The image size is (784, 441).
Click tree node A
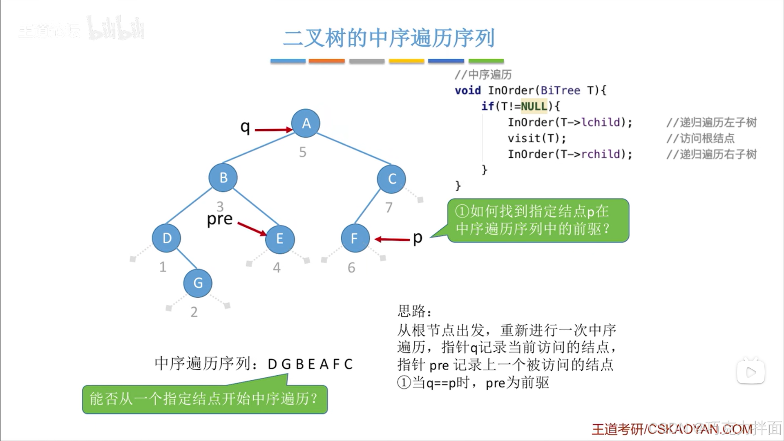coord(306,123)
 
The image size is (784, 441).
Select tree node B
coord(223,178)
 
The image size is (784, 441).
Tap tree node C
coord(391,179)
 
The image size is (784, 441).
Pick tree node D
coord(167,238)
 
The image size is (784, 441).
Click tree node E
coord(280,239)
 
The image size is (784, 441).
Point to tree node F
coord(355,238)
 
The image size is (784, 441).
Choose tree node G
coord(198,283)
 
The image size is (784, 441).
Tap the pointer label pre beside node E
coord(219,219)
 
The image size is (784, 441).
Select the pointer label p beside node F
coord(417,237)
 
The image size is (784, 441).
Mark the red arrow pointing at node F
coord(392,239)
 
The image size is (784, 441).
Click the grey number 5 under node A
coord(302,152)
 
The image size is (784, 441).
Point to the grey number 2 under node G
coord(194,312)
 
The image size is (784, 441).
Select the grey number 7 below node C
coord(389,208)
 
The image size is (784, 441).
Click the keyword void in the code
coord(467,90)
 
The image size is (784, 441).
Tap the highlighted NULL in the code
coord(534,106)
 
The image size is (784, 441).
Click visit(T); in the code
coord(537,138)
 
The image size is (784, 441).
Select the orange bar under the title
coord(326,61)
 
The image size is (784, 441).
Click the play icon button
coord(750,372)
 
